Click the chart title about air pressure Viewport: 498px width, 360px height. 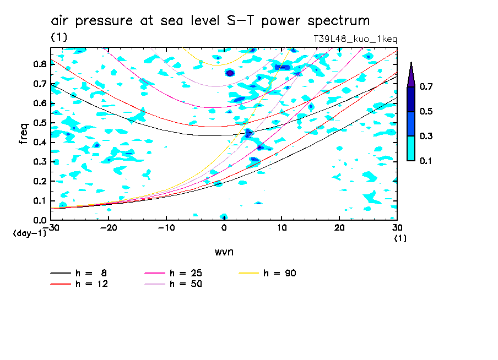click(x=210, y=21)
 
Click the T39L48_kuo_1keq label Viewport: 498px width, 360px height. click(x=355, y=39)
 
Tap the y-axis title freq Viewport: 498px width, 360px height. click(x=24, y=133)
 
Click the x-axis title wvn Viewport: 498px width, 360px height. click(x=224, y=252)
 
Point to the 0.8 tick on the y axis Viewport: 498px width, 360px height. click(x=39, y=64)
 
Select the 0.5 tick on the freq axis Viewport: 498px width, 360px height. click(x=39, y=123)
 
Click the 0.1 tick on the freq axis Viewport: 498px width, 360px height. click(x=39, y=201)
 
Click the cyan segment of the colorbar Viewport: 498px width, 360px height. click(x=411, y=148)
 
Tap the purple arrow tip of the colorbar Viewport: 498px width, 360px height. click(x=411, y=74)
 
